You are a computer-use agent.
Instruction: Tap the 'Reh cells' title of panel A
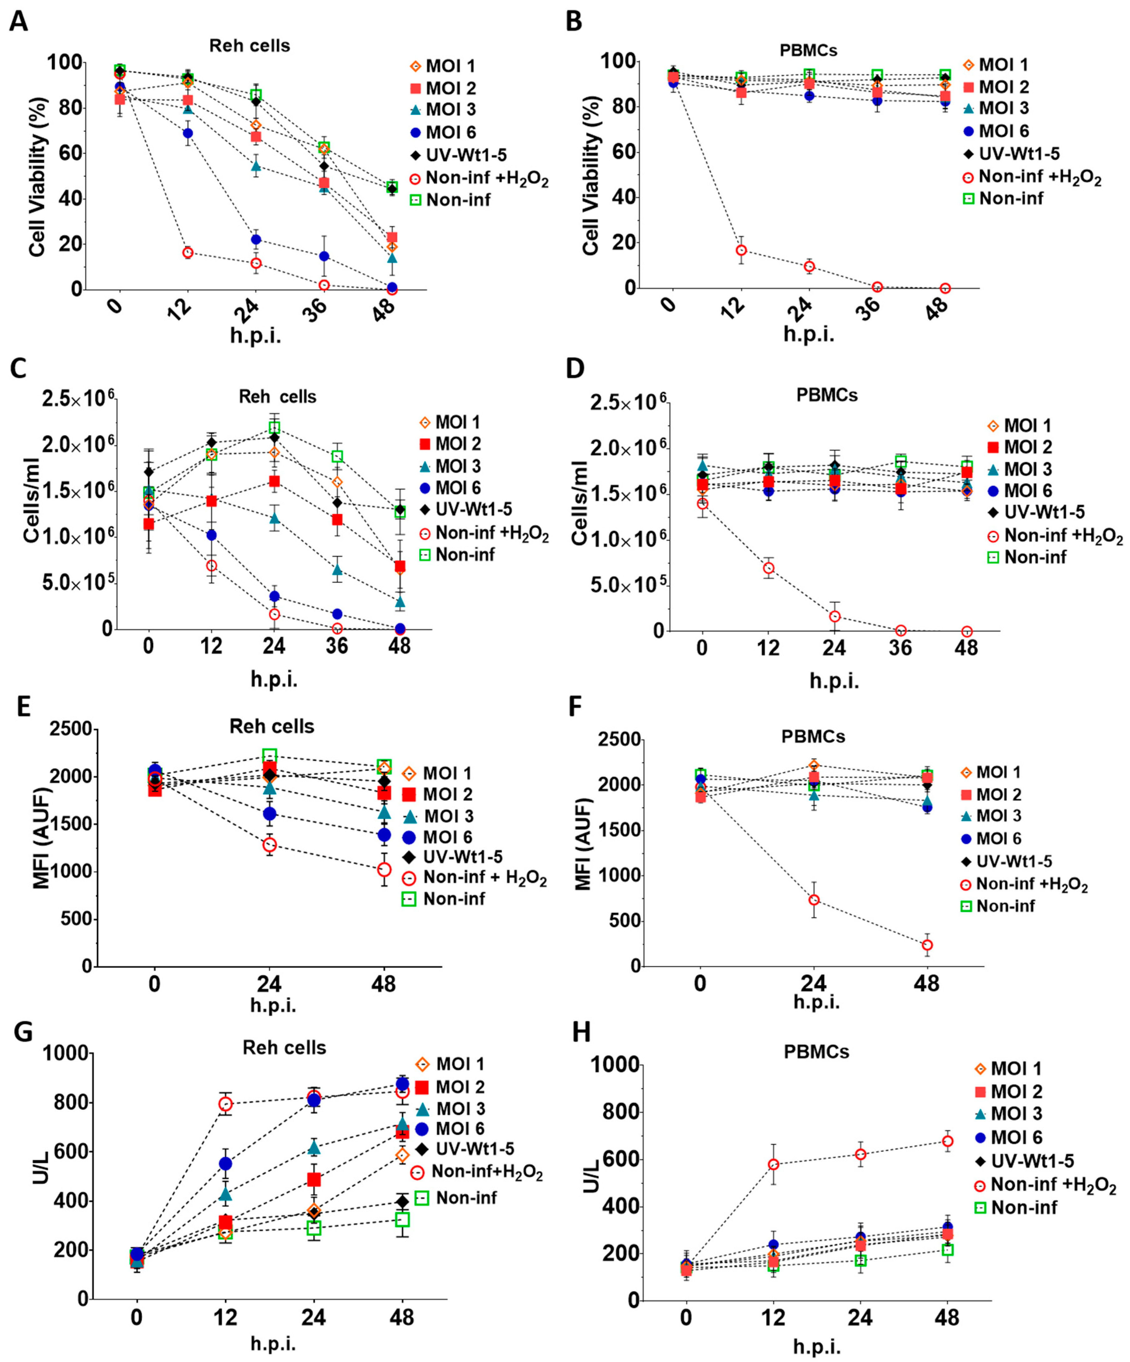(250, 45)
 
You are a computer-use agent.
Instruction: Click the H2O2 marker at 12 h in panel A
(188, 252)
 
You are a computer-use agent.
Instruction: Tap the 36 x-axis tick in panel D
(900, 646)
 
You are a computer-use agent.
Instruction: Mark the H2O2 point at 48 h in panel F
(927, 945)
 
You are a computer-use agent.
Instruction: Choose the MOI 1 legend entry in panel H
(1009, 1068)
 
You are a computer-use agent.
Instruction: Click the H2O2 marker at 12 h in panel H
(773, 1164)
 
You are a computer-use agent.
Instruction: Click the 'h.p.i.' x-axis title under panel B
(808, 333)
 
